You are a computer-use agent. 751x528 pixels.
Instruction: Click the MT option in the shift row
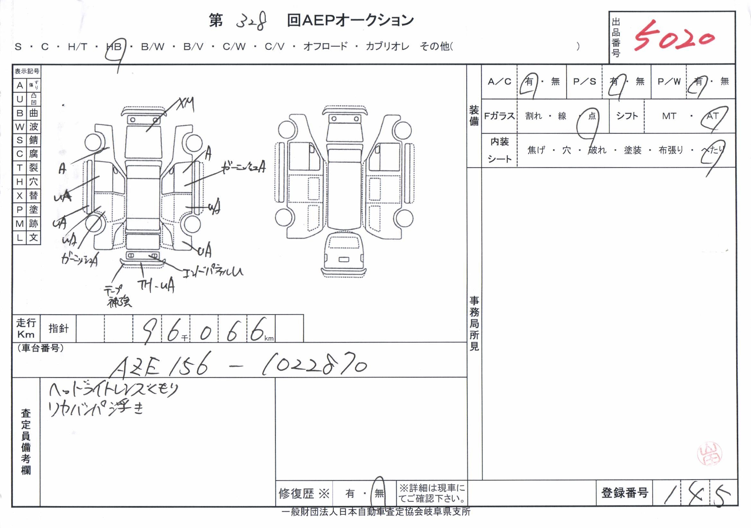(669, 116)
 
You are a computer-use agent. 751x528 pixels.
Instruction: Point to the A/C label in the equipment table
(499, 81)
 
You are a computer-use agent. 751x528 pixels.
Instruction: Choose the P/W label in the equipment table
(669, 81)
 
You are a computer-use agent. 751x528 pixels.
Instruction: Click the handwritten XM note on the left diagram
(185, 104)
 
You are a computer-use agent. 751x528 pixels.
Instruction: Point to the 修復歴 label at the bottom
(296, 493)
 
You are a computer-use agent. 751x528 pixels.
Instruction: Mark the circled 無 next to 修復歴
(379, 493)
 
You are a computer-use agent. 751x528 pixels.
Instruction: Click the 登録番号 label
(624, 493)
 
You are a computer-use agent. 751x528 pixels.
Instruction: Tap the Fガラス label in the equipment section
(499, 116)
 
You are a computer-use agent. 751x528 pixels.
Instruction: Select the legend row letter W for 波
(20, 127)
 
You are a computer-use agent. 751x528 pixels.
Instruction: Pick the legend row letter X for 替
(20, 196)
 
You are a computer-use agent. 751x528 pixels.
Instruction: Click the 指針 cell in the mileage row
(58, 328)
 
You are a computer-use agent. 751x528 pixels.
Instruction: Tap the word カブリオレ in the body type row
(387, 47)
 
